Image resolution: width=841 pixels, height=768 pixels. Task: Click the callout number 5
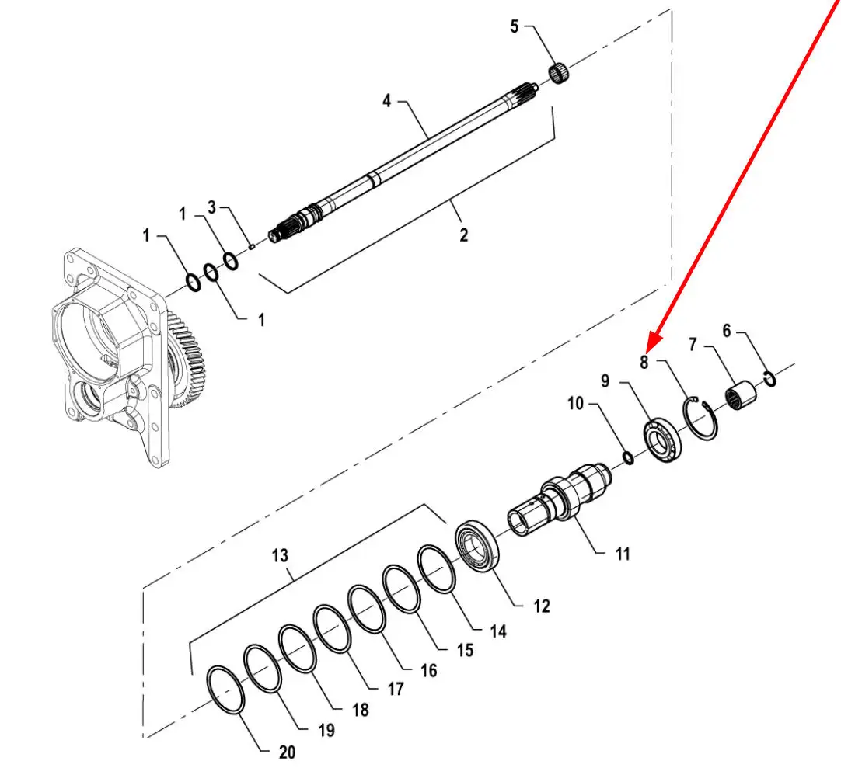coord(514,27)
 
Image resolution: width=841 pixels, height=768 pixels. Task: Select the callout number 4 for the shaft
coord(386,100)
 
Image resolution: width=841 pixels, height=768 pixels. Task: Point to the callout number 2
coord(464,235)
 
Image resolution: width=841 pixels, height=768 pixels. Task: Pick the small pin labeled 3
coord(252,246)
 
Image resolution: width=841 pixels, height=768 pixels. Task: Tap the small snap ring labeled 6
coord(769,378)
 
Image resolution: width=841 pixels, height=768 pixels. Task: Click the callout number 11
coord(623,554)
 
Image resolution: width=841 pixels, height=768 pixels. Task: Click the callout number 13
coord(280,555)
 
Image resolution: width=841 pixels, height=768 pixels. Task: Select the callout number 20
coord(287,752)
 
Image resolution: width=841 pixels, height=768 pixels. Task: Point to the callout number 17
coord(396,688)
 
